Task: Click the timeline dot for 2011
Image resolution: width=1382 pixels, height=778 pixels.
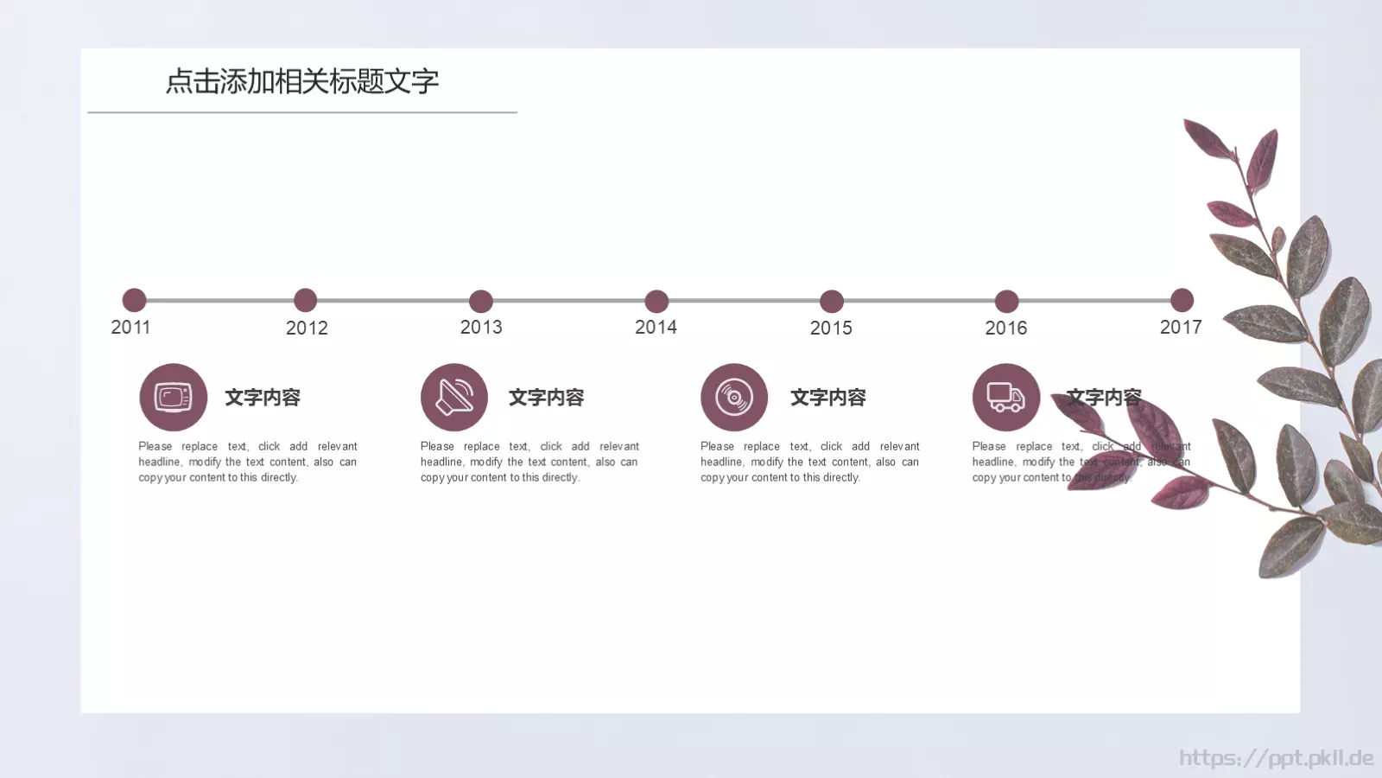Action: (134, 300)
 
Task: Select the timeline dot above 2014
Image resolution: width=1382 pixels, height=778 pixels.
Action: (656, 301)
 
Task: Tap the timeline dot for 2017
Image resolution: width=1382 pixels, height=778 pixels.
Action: (1182, 300)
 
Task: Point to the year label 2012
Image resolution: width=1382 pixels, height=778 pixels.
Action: (307, 328)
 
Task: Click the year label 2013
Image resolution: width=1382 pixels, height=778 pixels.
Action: (481, 327)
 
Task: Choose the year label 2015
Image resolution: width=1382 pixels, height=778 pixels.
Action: (831, 328)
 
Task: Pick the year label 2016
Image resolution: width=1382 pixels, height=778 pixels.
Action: (1006, 328)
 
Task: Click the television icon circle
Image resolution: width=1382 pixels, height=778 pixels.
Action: (174, 397)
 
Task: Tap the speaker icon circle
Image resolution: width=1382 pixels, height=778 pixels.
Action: (454, 397)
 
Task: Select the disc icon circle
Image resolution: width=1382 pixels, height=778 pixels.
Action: (734, 397)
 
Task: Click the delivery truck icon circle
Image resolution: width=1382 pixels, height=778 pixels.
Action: (1006, 397)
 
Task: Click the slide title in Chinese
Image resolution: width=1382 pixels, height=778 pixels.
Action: (302, 81)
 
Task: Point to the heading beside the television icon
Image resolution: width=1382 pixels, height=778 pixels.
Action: (263, 398)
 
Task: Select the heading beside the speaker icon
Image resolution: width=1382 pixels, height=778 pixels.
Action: (546, 398)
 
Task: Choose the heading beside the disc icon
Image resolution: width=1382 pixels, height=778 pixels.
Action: (827, 398)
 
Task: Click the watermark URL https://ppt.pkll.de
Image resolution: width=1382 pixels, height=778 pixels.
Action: (1276, 758)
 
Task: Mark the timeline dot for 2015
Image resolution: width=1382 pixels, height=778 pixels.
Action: (832, 301)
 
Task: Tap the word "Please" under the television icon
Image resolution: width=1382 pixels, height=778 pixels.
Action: (155, 446)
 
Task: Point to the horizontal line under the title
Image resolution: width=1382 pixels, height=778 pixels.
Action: (302, 112)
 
